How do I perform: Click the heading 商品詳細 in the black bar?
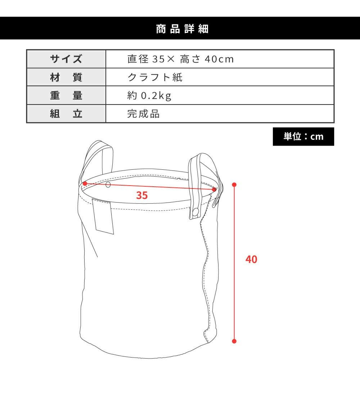coord(182,29)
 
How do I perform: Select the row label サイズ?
coord(66,59)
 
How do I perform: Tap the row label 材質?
coord(66,77)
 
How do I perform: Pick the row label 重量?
coord(66,96)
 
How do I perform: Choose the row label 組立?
coord(66,114)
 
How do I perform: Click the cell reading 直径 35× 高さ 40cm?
coord(181,59)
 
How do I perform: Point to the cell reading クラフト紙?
coord(155,77)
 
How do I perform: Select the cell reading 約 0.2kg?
coord(149,96)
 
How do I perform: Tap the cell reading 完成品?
coord(143,114)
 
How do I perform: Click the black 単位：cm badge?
coord(303,137)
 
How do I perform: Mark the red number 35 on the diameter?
coord(142,195)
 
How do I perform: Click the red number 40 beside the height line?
coord(251,259)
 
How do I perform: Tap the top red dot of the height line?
coord(234,185)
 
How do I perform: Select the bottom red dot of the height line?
coord(234,341)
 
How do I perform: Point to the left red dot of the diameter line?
coord(85,184)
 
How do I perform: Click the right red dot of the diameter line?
coord(214,190)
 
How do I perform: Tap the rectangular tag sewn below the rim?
coord(103,216)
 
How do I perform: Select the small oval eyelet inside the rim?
coord(108,185)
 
